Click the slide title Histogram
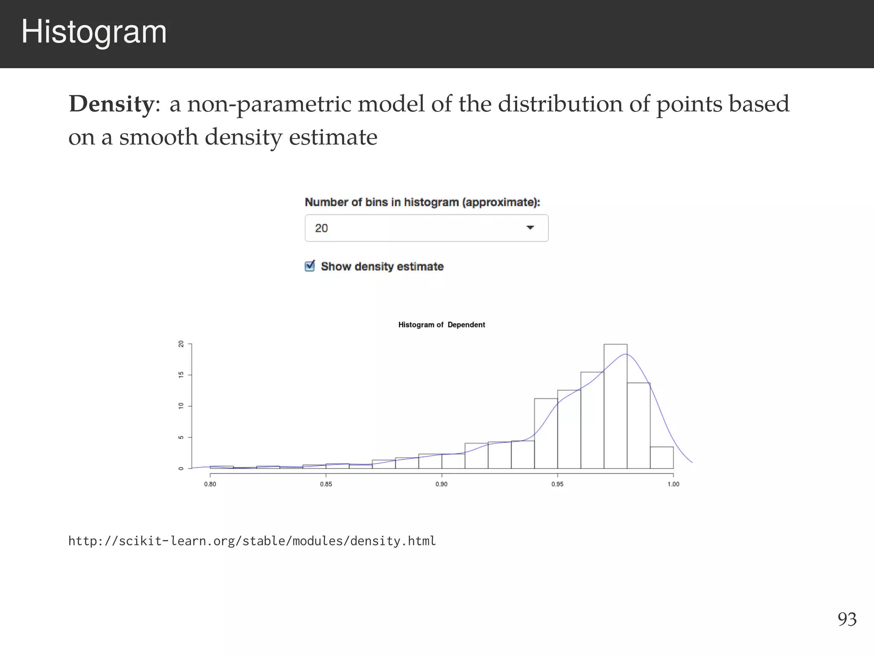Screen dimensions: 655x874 click(94, 32)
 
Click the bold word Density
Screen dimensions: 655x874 click(111, 104)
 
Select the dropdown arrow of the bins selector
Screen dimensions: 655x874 click(530, 228)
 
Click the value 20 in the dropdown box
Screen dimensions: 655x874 click(321, 228)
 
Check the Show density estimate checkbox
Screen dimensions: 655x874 click(310, 266)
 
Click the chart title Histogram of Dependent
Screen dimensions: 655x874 click(441, 325)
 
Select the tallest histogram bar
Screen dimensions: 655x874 click(615, 405)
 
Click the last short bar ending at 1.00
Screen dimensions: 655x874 click(661, 458)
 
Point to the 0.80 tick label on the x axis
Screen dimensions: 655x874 click(210, 484)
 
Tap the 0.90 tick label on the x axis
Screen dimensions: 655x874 click(441, 484)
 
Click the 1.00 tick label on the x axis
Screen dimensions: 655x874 click(673, 484)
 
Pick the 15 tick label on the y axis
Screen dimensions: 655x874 click(181, 375)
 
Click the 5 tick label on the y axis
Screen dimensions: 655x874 click(181, 438)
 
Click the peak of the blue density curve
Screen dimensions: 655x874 click(625, 354)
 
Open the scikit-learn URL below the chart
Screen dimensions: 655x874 click(252, 541)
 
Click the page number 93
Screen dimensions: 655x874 click(847, 619)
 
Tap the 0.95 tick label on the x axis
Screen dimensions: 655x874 click(557, 484)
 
